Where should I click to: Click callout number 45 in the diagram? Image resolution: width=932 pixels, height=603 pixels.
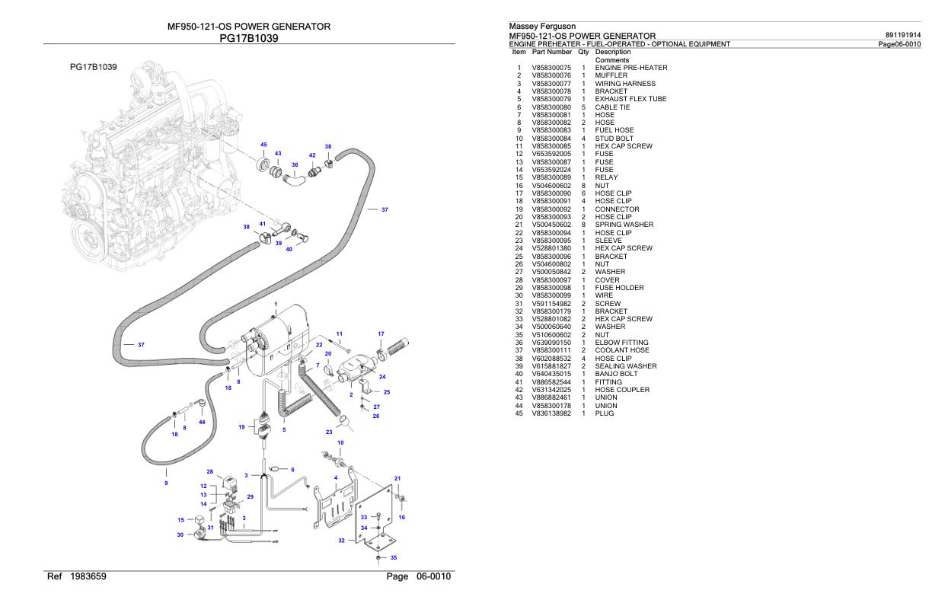click(x=263, y=145)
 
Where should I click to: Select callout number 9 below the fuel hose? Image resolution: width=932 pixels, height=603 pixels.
click(x=167, y=483)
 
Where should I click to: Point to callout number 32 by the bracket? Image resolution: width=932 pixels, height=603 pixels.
click(x=341, y=541)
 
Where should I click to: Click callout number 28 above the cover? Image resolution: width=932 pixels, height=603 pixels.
click(x=210, y=472)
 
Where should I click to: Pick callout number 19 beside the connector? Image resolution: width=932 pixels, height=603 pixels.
click(x=241, y=427)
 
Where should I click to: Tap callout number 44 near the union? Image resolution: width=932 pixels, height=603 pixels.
click(x=202, y=422)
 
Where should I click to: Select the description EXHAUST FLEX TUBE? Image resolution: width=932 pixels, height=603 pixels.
click(x=630, y=99)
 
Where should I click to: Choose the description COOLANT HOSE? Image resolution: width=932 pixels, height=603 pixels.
click(x=621, y=350)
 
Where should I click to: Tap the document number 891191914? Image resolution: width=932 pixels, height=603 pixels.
click(x=904, y=35)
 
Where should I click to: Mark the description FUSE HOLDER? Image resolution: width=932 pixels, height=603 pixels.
click(x=619, y=288)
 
